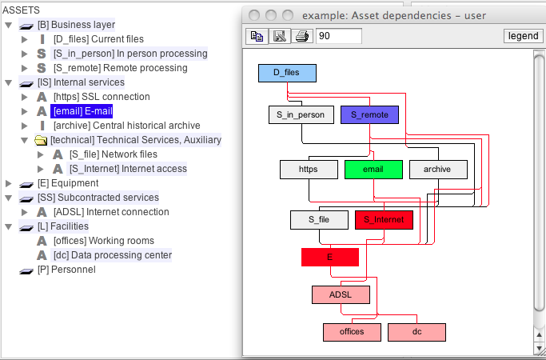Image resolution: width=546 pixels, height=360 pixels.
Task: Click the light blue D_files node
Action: [287, 73]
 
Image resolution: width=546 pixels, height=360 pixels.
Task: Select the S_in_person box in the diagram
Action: [301, 115]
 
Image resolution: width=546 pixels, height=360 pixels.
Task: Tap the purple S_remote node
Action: [369, 115]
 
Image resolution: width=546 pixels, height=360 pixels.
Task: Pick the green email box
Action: [373, 170]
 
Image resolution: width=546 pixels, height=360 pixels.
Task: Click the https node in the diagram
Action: [309, 170]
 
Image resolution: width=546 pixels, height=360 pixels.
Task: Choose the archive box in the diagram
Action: [438, 170]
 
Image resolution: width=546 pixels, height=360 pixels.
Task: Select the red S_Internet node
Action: [384, 219]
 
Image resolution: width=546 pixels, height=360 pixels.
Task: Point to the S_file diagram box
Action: [318, 219]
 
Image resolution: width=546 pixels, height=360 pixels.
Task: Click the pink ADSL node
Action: [341, 294]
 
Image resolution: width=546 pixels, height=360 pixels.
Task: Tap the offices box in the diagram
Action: [352, 332]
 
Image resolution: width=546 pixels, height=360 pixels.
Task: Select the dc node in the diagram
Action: [416, 332]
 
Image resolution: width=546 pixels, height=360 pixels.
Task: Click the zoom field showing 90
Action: [339, 36]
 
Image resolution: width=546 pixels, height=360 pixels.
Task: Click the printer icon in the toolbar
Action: [301, 36]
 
